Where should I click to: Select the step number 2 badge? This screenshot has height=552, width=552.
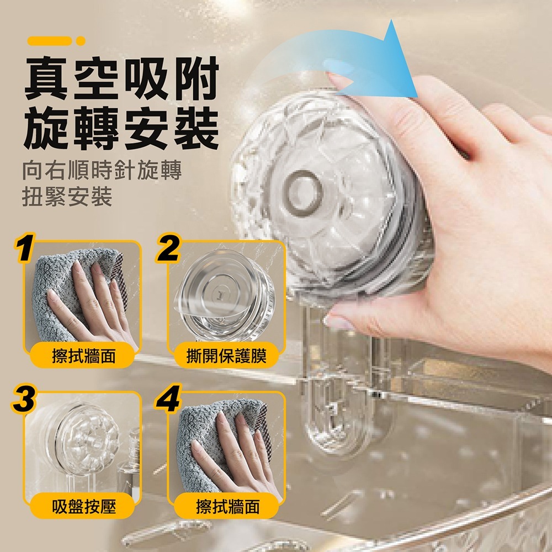[168, 248]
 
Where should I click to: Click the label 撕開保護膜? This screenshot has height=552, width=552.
[226, 356]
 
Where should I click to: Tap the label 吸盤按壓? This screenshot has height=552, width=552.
[84, 507]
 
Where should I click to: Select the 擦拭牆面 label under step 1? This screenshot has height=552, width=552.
[84, 356]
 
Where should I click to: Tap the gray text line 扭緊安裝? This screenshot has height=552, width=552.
[67, 197]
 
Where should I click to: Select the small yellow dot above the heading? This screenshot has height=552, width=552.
[81, 41]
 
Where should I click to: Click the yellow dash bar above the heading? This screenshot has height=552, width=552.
[50, 41]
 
